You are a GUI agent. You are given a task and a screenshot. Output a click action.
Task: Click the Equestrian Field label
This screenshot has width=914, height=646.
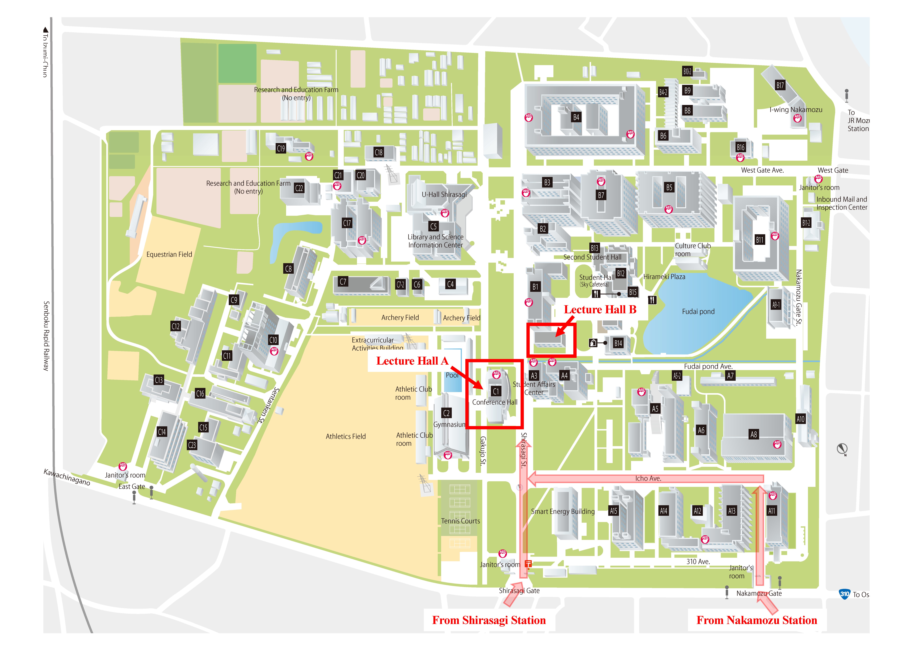pyautogui.click(x=169, y=254)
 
